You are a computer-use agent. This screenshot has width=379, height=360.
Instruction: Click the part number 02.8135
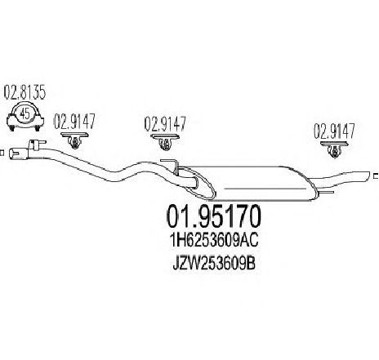pos(25,92)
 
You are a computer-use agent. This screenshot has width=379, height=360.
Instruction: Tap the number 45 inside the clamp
pos(25,113)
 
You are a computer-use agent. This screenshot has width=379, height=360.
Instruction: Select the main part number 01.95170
pos(214,216)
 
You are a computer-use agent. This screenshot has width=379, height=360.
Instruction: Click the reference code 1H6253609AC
pos(214,240)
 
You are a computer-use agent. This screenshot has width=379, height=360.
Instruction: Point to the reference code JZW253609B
pos(214,264)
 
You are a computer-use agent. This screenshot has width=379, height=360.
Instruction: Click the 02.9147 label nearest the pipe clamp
pos(74,122)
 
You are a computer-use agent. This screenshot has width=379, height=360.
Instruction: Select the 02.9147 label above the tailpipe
pos(335,131)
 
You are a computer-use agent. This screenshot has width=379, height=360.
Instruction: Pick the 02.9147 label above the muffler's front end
pos(165,124)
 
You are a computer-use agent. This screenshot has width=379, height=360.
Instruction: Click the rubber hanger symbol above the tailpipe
pos(334,149)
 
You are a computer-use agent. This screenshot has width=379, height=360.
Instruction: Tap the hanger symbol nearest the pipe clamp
pos(74,140)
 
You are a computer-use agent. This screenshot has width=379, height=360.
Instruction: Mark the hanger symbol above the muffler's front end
pos(165,142)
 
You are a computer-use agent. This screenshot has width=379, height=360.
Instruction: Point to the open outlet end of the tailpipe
pos(368,176)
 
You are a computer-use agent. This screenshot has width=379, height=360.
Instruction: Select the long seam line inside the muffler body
pos(265,189)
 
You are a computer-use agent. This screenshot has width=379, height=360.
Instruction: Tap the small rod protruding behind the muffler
pos(326,193)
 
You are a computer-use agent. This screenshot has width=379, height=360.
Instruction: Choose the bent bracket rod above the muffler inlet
pos(169,164)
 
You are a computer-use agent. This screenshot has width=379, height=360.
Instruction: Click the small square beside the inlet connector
pos(2,153)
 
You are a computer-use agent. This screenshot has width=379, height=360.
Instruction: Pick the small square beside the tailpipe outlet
pos(376,176)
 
